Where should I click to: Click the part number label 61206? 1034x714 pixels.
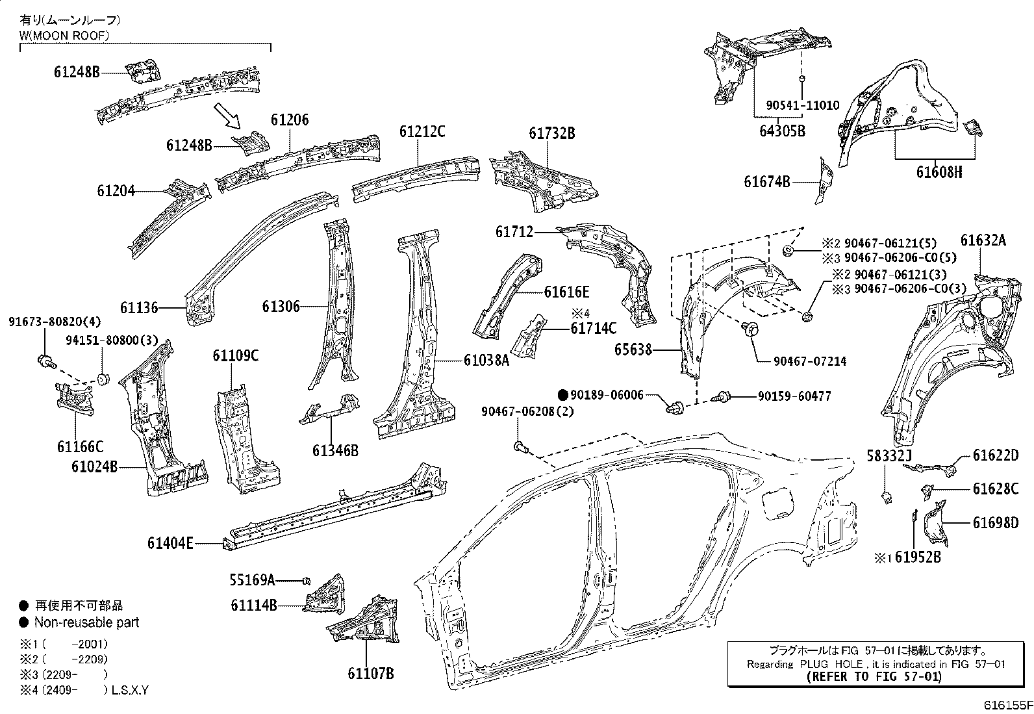pyautogui.click(x=290, y=120)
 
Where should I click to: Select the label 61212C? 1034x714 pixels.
pyautogui.click(x=422, y=132)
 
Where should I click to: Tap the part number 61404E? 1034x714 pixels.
pyautogui.click(x=170, y=543)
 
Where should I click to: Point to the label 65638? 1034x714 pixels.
pyautogui.click(x=633, y=350)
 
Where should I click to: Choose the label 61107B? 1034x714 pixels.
pyautogui.click(x=371, y=673)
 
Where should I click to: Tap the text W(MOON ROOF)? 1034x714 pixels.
pyautogui.click(x=64, y=35)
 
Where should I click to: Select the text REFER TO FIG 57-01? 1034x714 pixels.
pyautogui.click(x=873, y=676)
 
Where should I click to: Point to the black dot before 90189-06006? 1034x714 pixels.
pyautogui.click(x=564, y=394)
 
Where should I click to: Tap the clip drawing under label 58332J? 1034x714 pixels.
pyautogui.click(x=887, y=498)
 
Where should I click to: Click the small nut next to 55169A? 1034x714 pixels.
pyautogui.click(x=307, y=580)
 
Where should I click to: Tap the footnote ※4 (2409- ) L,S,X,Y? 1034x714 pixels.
pyautogui.click(x=84, y=690)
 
